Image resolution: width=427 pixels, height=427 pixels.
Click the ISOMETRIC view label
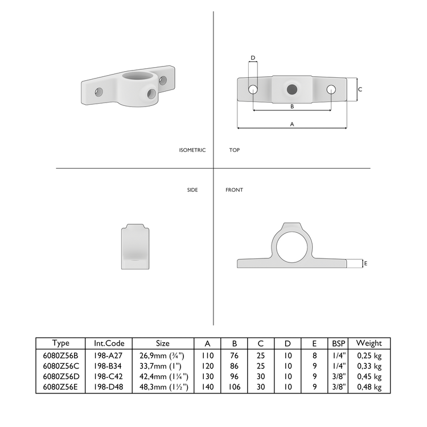192,150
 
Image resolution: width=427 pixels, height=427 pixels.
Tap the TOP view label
234,150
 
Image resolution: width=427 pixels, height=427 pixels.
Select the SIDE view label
192,190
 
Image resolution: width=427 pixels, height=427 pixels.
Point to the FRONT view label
234,190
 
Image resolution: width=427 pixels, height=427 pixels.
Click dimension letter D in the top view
253,58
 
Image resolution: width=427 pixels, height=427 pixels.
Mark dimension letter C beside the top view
360,89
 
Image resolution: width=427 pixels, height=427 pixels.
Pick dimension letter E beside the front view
366,263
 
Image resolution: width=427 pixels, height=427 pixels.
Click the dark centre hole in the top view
292,89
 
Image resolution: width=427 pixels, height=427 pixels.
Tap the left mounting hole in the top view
253,89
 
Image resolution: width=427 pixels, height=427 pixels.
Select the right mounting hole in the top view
331,89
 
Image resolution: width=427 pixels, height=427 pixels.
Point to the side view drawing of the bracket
135,246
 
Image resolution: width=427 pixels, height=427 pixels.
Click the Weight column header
368,343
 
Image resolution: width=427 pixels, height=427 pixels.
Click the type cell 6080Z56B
60,355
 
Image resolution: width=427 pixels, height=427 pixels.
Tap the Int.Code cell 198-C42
109,376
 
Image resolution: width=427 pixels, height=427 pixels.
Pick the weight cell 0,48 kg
368,387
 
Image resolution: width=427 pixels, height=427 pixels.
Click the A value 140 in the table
207,387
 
